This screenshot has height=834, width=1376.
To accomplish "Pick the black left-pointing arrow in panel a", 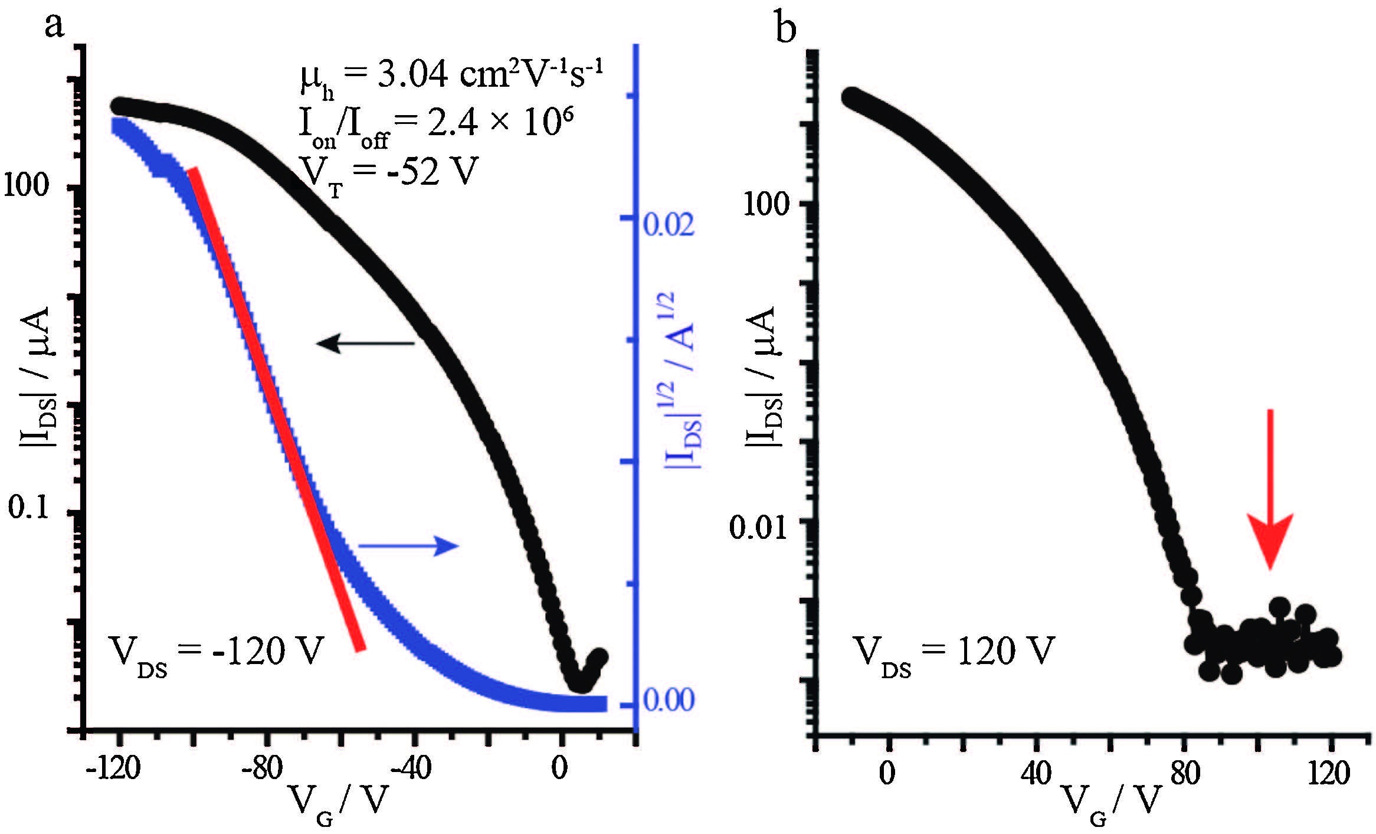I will click(x=366, y=342).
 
